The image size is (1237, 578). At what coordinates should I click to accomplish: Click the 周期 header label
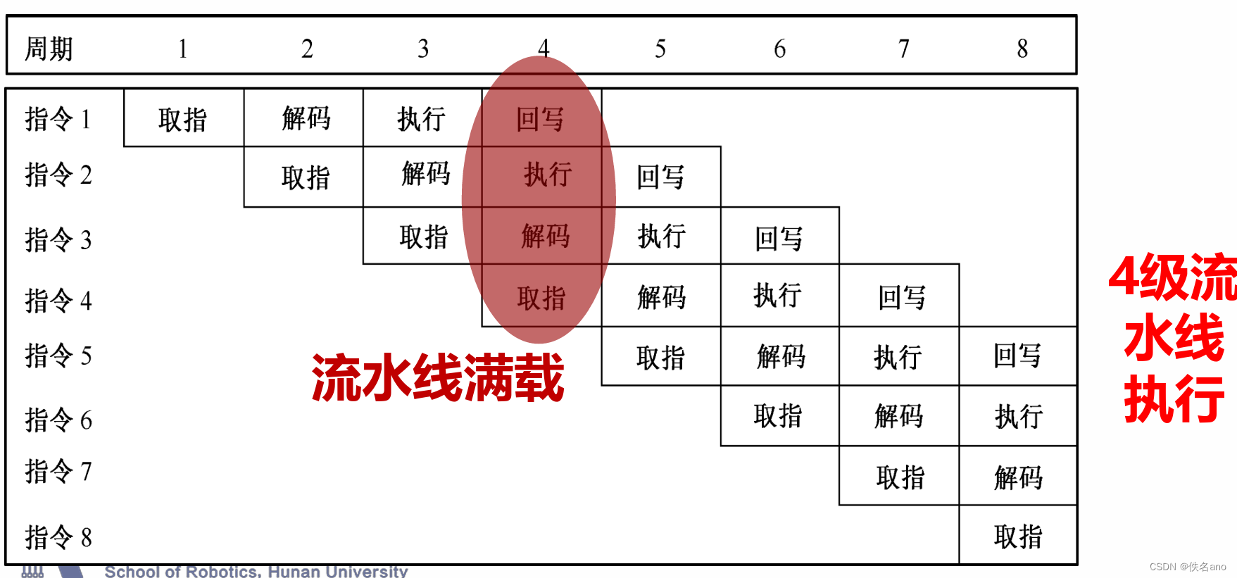coord(49,49)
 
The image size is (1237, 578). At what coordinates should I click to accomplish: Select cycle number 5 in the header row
coord(660,49)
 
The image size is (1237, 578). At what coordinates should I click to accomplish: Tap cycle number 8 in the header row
coord(1022,49)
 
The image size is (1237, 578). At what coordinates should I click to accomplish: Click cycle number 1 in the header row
coord(183,49)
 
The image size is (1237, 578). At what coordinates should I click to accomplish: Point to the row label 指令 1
coord(58,118)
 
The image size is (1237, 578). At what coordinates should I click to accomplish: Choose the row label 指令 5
coord(58,356)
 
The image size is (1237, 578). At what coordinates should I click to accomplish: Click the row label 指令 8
coord(58,537)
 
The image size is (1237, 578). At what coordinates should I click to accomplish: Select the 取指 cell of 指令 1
coord(183,119)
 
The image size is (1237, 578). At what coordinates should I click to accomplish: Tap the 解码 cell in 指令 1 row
coord(306,118)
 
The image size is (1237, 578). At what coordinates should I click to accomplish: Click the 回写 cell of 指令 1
coord(540,119)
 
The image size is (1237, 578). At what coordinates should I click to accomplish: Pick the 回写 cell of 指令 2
coord(660,177)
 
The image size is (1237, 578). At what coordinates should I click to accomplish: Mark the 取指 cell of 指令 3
coord(423,237)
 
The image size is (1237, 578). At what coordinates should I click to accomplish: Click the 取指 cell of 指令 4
coord(541,298)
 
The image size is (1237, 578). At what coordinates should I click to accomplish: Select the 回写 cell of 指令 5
coord(1017,356)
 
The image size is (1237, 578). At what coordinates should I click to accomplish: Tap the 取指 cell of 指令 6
coord(778,416)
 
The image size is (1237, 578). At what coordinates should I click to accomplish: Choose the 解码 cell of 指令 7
coord(1018,477)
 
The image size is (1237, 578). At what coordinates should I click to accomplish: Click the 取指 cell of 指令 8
coord(1018,536)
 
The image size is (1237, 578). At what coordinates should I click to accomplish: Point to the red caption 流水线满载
coord(437,378)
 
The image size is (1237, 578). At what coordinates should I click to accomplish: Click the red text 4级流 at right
coord(1172,277)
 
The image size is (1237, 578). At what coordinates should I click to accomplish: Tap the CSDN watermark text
coord(1188,567)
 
